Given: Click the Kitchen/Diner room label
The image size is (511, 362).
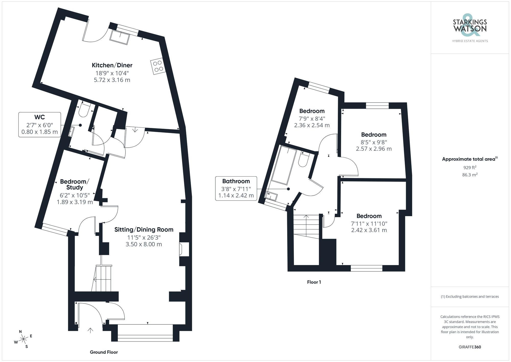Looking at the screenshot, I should point(112,65).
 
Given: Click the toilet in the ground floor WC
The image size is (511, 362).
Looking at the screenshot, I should point(84,110).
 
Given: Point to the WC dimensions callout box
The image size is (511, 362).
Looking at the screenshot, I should point(40,125).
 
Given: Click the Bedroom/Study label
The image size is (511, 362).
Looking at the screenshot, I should point(75,184).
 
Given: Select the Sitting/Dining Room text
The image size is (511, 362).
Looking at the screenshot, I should point(144,229).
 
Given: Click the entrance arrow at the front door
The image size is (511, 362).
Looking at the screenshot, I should point(90,330).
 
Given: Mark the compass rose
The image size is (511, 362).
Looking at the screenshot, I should point(24,339).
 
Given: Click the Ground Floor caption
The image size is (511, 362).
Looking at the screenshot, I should point(104,352).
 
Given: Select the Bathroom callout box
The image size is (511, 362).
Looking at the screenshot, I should point(236,188).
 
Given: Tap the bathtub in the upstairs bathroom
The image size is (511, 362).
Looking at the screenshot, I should point(284,165).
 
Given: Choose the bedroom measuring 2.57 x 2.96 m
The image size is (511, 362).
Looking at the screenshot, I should point(374,141).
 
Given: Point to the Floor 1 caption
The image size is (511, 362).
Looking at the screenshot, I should point(314,282).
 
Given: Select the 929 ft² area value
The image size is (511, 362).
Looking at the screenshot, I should point(470,168).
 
